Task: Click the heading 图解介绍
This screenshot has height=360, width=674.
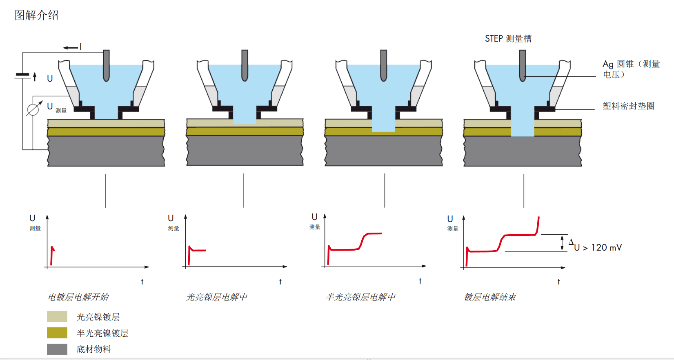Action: pyautogui.click(x=37, y=16)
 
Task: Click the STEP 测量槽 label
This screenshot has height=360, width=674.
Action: pyautogui.click(x=508, y=39)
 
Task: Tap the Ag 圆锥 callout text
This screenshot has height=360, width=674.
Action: pyautogui.click(x=631, y=69)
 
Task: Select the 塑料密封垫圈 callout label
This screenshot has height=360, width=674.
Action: pyautogui.click(x=628, y=106)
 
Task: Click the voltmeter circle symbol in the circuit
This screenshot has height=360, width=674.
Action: pyautogui.click(x=33, y=109)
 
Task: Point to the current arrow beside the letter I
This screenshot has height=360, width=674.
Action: pyautogui.click(x=70, y=48)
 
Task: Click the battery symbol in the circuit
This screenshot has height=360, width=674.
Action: pyautogui.click(x=23, y=75)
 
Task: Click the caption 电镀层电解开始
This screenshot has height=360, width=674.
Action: pyautogui.click(x=78, y=297)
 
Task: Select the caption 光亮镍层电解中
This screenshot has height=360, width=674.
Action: pyautogui.click(x=217, y=297)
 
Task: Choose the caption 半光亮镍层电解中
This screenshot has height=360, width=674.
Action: pyautogui.click(x=360, y=297)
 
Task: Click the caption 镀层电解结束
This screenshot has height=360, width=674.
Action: pyautogui.click(x=490, y=297)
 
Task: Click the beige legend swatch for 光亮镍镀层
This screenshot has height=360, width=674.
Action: pyautogui.click(x=57, y=317)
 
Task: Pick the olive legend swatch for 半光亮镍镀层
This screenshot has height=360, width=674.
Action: pyautogui.click(x=57, y=333)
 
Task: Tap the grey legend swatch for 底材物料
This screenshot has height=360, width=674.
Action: pyautogui.click(x=57, y=349)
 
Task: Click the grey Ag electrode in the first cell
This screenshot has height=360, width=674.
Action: pyautogui.click(x=106, y=65)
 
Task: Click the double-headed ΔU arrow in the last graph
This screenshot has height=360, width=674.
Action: pyautogui.click(x=562, y=243)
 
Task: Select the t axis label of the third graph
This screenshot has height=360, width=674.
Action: pyautogui.click(x=420, y=281)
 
